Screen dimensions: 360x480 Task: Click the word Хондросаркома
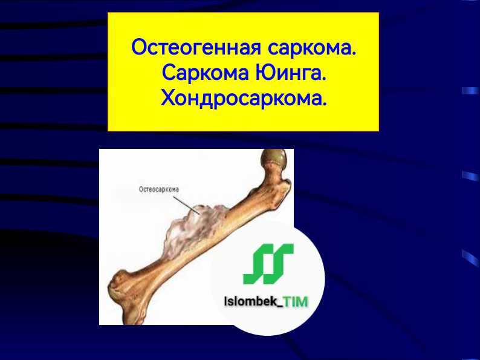[x=242, y=97]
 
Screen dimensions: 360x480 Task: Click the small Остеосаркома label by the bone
[x=159, y=189]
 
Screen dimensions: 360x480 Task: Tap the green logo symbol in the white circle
[x=268, y=264]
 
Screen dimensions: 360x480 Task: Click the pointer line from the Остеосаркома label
[x=190, y=203]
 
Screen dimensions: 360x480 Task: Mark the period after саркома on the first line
[x=354, y=52]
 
